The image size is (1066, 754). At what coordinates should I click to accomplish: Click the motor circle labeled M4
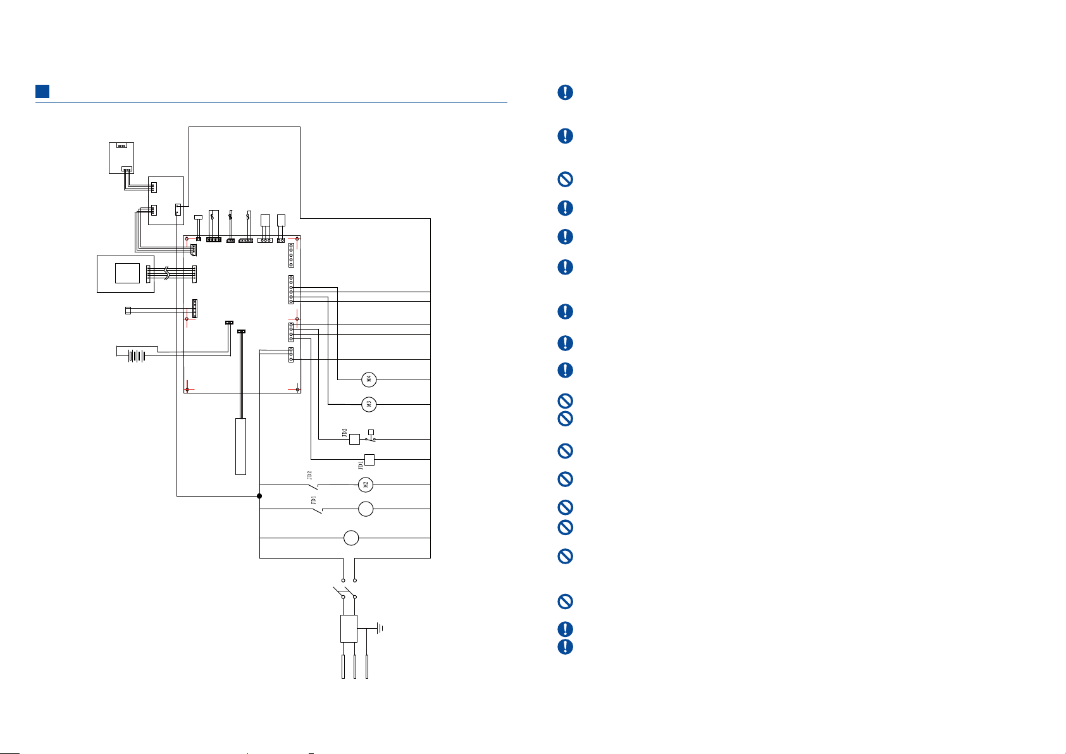[x=369, y=380]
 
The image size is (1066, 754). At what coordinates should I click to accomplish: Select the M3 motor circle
[x=369, y=404]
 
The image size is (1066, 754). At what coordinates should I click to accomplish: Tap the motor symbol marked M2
[x=366, y=485]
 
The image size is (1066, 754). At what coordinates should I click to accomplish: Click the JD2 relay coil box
[x=354, y=439]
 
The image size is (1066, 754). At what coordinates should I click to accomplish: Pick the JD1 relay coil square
[x=369, y=460]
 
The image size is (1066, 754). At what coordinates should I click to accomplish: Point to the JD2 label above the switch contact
[x=309, y=475]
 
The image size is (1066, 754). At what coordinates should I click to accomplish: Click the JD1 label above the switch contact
[x=313, y=500]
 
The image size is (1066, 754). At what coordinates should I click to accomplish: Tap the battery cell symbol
[x=137, y=355]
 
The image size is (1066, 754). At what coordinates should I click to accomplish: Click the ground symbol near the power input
[x=380, y=628]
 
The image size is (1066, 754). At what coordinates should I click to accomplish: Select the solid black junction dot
[x=259, y=496]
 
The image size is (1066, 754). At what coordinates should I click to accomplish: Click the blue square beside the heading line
[x=42, y=91]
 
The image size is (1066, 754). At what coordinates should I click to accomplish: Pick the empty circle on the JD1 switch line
[x=366, y=509]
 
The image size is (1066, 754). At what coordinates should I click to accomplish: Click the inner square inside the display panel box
[x=128, y=273]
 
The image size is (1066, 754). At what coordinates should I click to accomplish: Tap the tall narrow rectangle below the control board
[x=241, y=446]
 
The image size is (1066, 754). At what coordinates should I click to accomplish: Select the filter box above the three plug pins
[x=349, y=628]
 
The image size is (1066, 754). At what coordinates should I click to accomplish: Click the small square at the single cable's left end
[x=128, y=311]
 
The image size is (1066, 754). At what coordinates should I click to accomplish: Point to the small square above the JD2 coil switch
[x=371, y=433]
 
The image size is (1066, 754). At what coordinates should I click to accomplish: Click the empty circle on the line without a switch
[x=351, y=538]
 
